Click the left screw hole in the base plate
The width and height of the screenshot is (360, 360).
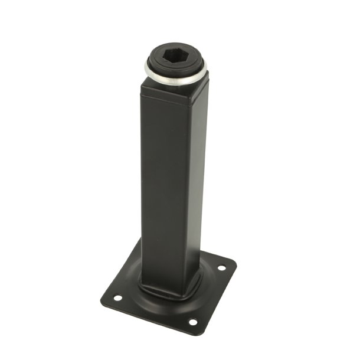pos(117,297)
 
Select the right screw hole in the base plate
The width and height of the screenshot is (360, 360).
pos(221,268)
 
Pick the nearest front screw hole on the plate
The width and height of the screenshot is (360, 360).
pos(192,322)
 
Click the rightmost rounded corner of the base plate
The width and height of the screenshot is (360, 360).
pos(235,263)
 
